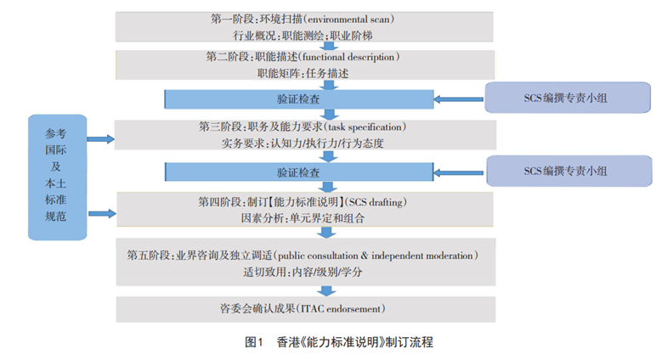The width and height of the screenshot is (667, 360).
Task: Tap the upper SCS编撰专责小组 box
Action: pyautogui.click(x=567, y=98)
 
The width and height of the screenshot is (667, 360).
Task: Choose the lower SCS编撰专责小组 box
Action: pyautogui.click(x=567, y=171)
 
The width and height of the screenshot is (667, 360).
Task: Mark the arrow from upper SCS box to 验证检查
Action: pyautogui.click(x=459, y=99)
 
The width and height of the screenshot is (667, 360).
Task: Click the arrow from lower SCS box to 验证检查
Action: pyautogui.click(x=459, y=172)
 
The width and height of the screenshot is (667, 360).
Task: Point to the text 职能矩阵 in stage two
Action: pyautogui.click(x=277, y=74)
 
